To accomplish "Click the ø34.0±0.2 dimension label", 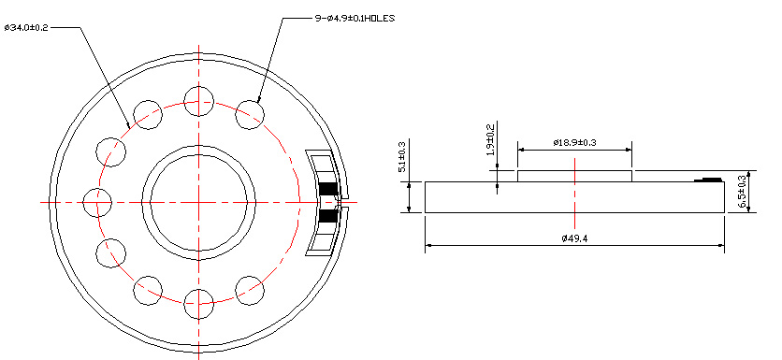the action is [26, 27].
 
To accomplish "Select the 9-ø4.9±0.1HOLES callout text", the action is [355, 19].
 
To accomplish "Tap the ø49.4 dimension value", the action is [574, 238].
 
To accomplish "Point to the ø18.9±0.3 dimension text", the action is [574, 143].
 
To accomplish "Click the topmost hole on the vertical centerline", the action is [199, 101].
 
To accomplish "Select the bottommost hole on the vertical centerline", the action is [199, 304].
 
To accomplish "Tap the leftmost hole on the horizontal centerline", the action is [97, 202].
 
